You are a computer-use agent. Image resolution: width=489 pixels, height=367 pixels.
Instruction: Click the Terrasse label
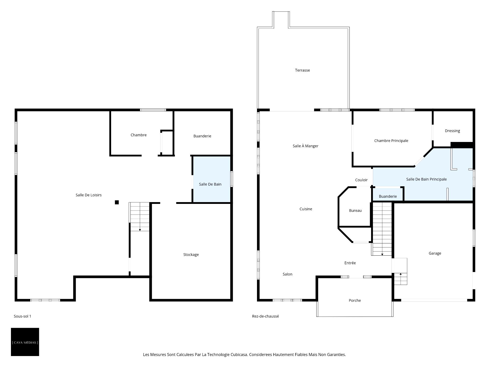click(302, 70)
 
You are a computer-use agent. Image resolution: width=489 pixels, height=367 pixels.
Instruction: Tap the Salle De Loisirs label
click(89, 195)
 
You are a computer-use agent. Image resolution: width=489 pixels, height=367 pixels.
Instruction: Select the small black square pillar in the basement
click(117, 202)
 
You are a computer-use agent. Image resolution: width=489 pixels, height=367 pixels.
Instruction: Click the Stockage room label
click(191, 255)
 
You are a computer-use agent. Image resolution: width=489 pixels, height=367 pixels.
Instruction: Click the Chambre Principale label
click(391, 141)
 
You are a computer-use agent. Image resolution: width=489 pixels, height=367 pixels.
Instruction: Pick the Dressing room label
click(452, 131)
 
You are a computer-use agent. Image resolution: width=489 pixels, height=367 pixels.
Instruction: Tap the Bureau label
click(355, 211)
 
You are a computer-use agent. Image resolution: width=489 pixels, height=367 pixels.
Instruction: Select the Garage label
click(435, 253)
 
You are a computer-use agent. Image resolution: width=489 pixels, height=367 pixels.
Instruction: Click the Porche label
click(355, 300)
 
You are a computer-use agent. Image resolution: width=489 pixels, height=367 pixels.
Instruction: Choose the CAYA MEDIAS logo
click(25, 342)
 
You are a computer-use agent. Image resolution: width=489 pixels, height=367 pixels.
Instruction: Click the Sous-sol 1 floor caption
click(22, 316)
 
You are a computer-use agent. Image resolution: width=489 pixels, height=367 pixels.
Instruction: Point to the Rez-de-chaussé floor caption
click(265, 316)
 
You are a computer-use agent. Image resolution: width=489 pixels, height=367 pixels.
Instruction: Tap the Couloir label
click(361, 180)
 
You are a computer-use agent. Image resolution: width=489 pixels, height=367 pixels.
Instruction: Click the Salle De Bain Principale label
click(426, 179)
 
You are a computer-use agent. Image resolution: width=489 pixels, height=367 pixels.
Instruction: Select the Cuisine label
click(306, 209)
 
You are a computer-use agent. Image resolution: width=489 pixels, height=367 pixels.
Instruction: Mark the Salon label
click(288, 274)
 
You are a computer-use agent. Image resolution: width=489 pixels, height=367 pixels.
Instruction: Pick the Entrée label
click(350, 263)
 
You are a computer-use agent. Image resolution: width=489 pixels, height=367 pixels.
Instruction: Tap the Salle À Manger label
click(305, 146)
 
